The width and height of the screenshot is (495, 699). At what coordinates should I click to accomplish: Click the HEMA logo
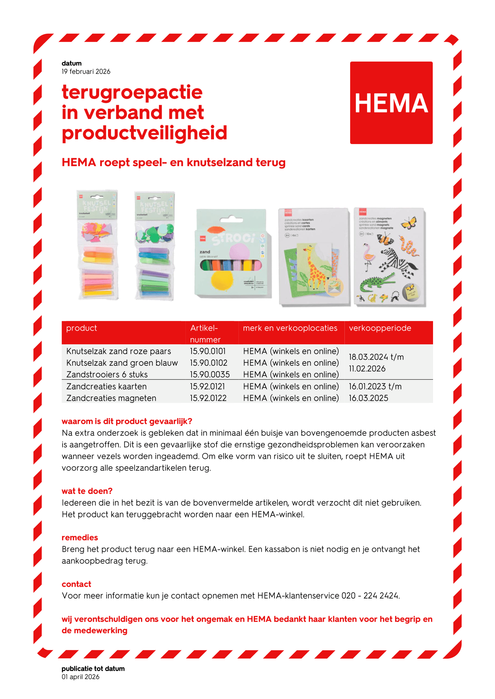pos(391,103)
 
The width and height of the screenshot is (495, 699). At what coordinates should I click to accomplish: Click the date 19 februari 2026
pos(86,71)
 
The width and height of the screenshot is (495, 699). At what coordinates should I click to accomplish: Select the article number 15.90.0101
pos(208,351)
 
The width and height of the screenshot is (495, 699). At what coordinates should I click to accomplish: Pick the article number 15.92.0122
pos(208,398)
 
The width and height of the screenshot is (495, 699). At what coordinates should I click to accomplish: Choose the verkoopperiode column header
pos(380,328)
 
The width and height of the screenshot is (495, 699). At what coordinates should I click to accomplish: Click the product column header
pos(81,328)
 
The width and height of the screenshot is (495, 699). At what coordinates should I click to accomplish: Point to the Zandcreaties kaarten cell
pos(106,386)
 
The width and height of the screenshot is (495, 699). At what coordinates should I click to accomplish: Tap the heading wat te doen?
pos(87,491)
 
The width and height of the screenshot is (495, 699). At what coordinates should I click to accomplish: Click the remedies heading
pos(80,538)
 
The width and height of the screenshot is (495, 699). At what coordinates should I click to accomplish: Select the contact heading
pos(76,584)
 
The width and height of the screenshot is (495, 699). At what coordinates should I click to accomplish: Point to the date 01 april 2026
pos(81,677)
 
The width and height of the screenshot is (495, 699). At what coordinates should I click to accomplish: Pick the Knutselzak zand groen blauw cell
pos(122,363)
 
